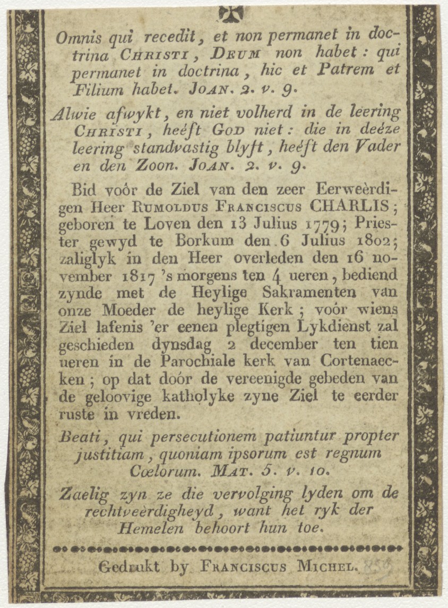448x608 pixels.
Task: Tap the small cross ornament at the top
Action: pos(231,12)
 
